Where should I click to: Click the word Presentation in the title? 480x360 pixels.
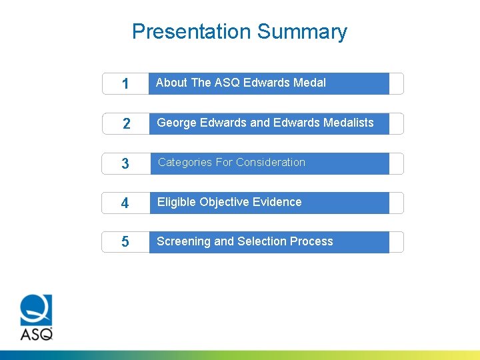pyautogui.click(x=191, y=31)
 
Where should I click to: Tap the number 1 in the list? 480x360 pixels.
pyautogui.click(x=125, y=84)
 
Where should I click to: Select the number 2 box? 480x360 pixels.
pyautogui.click(x=125, y=124)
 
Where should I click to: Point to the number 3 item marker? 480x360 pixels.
pyautogui.click(x=125, y=164)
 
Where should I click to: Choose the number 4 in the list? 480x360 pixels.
pyautogui.click(x=125, y=203)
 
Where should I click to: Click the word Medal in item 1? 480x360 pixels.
pyautogui.click(x=309, y=83)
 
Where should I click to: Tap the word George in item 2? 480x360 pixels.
pyautogui.click(x=176, y=123)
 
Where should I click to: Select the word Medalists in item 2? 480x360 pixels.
pyautogui.click(x=348, y=123)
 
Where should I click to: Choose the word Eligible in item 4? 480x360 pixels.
pyautogui.click(x=175, y=202)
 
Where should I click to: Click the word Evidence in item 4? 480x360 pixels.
pyautogui.click(x=277, y=202)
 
